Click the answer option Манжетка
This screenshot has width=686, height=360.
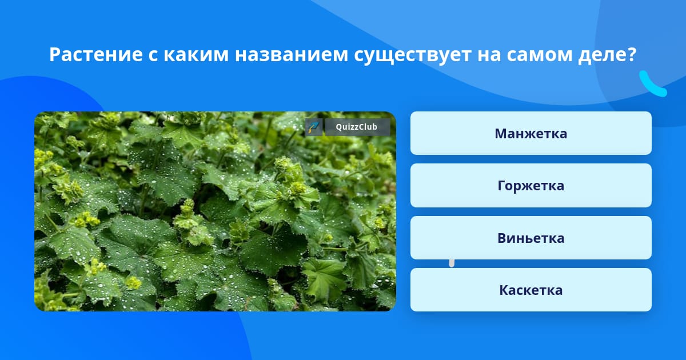(x=531, y=133)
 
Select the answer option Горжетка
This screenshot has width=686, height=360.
(x=531, y=186)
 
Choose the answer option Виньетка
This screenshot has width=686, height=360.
(x=531, y=238)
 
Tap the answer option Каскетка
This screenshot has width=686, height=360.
(x=531, y=290)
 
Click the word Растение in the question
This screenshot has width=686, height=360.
(x=96, y=54)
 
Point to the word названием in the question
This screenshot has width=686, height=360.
(x=291, y=55)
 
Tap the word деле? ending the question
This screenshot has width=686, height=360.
(x=607, y=55)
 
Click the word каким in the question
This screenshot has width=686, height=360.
(x=196, y=55)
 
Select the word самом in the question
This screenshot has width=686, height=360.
(x=539, y=55)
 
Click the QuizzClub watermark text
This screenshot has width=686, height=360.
(x=357, y=127)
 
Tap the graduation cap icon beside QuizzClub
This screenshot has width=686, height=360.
(x=314, y=127)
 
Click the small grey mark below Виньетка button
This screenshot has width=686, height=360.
(x=452, y=263)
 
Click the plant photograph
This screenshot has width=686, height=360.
(x=215, y=211)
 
